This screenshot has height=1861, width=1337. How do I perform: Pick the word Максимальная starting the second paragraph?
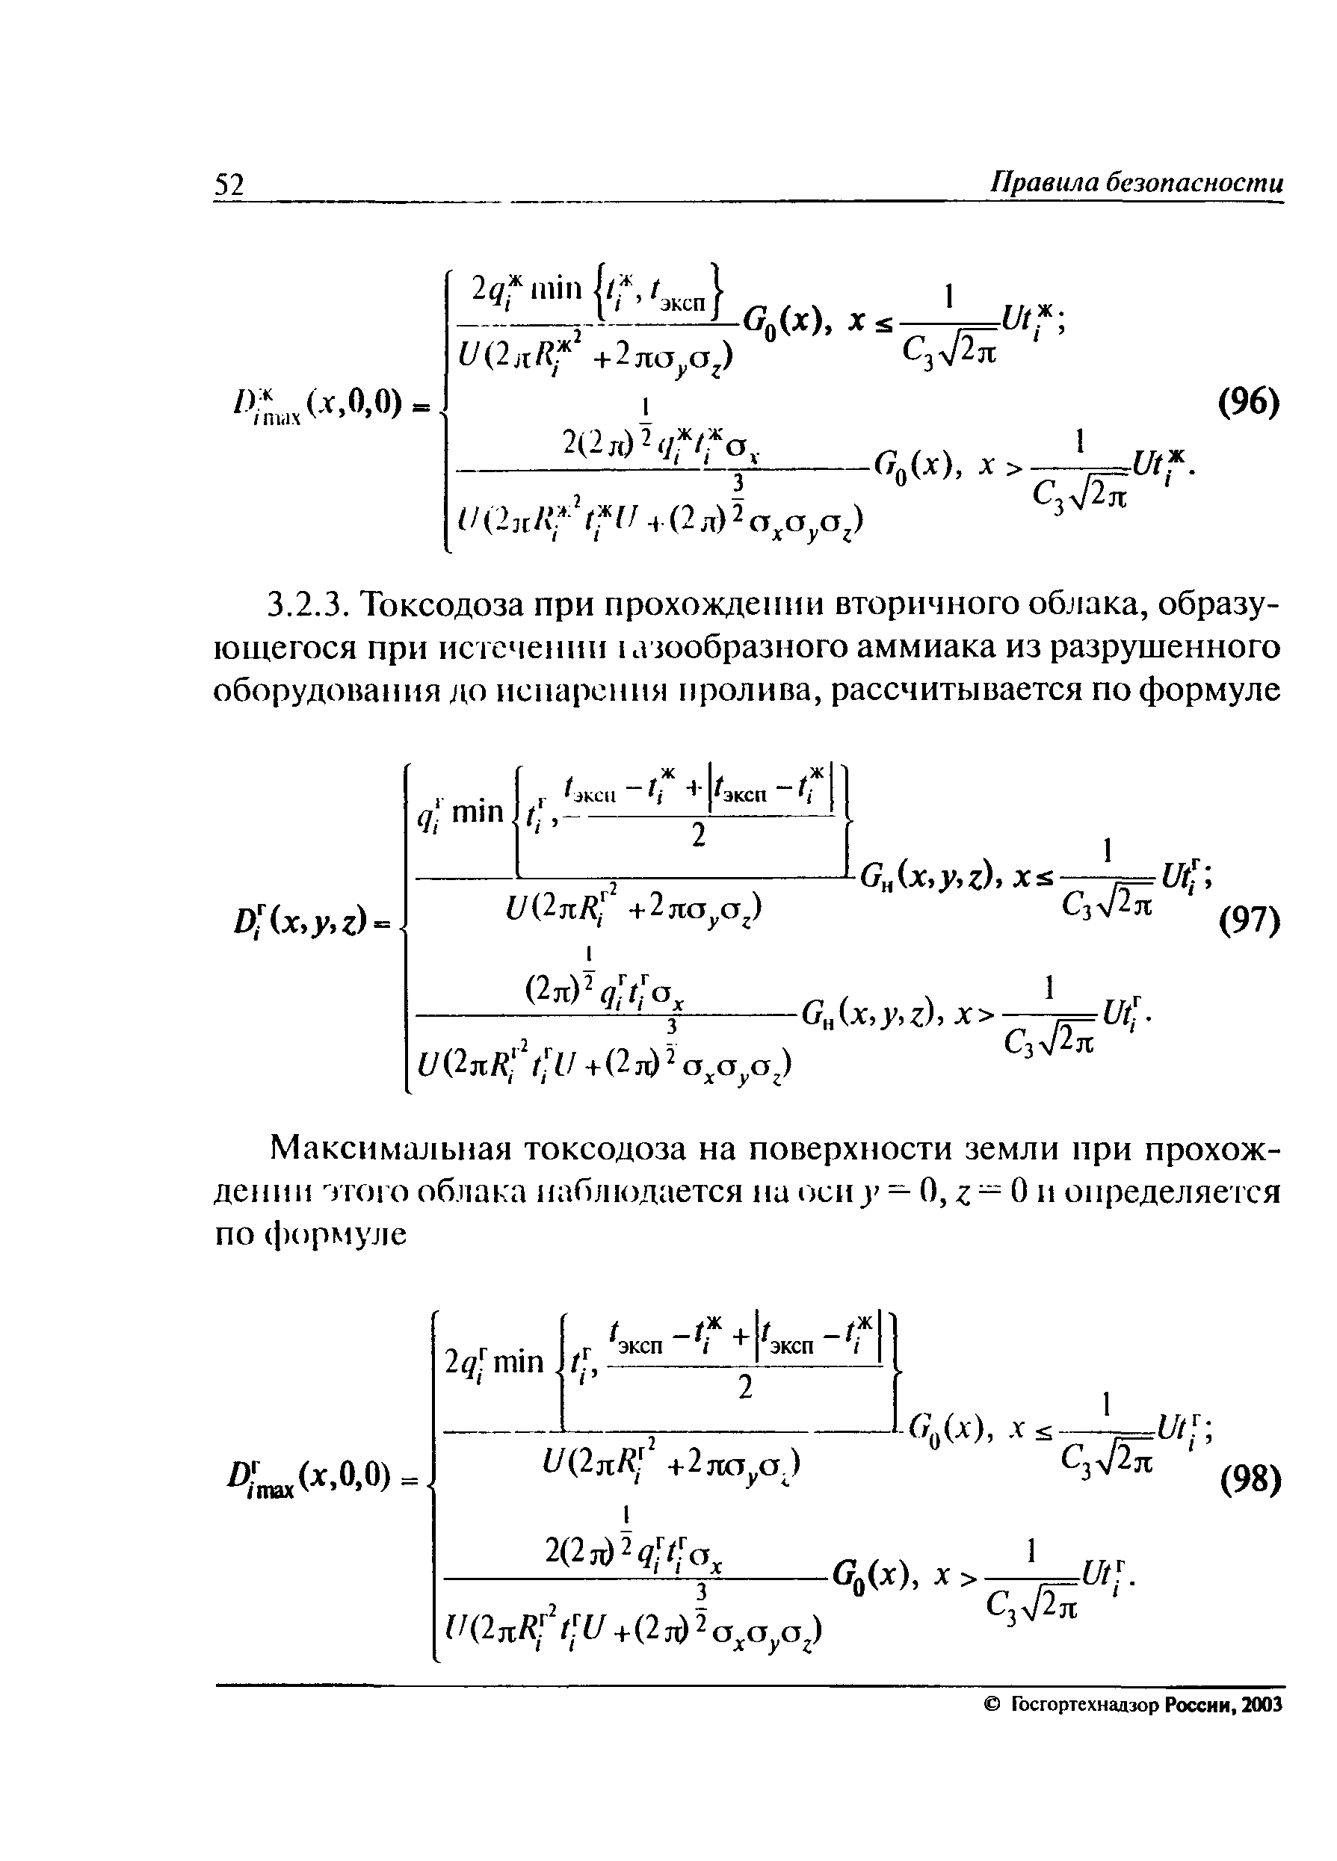click(390, 1149)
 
